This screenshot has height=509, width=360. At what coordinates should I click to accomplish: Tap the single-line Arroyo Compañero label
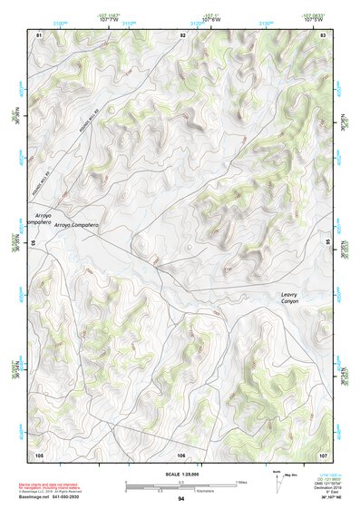[x=75, y=224]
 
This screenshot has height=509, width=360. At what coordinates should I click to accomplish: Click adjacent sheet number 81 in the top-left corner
[x=39, y=34]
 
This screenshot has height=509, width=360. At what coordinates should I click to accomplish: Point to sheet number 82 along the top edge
[x=182, y=34]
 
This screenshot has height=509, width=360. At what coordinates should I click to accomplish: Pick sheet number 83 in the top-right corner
[x=323, y=34]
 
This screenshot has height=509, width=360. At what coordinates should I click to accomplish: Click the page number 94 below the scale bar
[x=181, y=499]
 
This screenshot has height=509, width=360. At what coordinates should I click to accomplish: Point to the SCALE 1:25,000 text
[x=181, y=475]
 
